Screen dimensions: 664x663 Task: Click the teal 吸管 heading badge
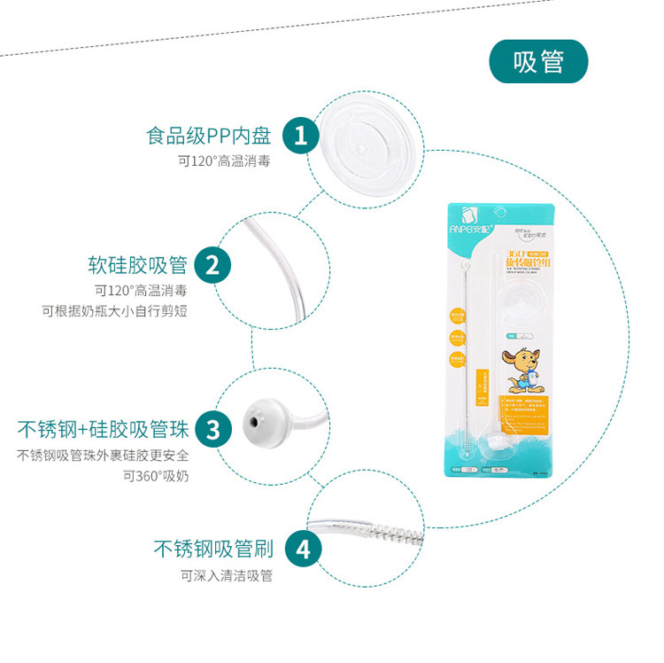pos(538,61)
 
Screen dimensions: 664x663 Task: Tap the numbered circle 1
pos(301,136)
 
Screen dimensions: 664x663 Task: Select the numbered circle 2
pos(212,265)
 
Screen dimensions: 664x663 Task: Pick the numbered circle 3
pos(212,431)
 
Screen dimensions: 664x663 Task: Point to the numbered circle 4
pos(302,549)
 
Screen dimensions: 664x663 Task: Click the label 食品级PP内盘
pos(208,136)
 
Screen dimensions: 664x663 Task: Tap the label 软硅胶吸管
pos(137,265)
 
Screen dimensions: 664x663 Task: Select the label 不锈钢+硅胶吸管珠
pos(103,431)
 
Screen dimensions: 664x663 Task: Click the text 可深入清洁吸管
pos(227,576)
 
